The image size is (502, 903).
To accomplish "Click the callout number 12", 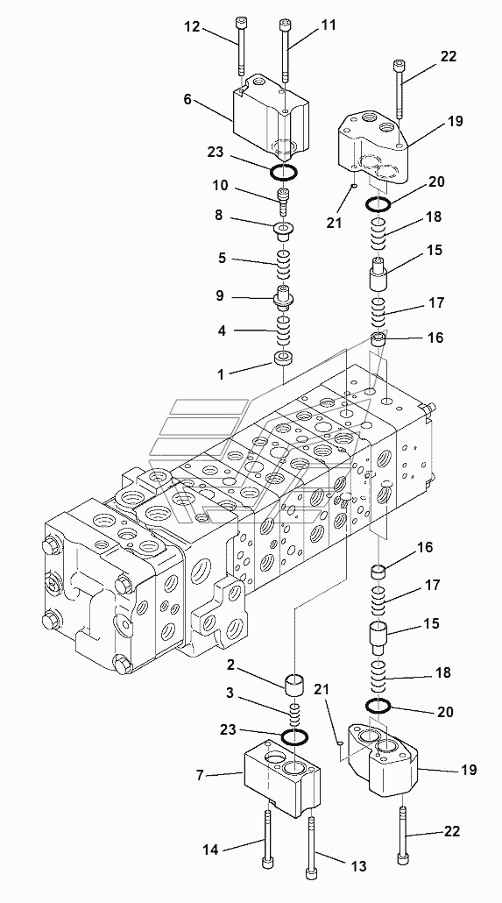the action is point(192,27).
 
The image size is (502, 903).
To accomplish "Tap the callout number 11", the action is point(329,25).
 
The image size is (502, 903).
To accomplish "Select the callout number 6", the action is point(187,99).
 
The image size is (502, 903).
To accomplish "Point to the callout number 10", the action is point(221,186).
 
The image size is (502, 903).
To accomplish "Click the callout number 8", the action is point(218,217).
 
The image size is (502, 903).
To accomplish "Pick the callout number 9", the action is point(219,296).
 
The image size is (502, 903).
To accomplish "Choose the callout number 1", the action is point(221,374).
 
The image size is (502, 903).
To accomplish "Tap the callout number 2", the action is point(230,665).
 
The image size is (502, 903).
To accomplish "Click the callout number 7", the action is point(200,775).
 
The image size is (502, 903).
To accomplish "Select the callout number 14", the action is point(211,849).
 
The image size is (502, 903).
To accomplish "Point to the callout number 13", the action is point(358,865).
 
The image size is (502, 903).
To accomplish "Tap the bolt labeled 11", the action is point(284,51).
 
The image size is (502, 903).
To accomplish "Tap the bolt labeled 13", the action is point(311,847).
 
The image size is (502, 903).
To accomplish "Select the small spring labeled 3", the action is point(294,715).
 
